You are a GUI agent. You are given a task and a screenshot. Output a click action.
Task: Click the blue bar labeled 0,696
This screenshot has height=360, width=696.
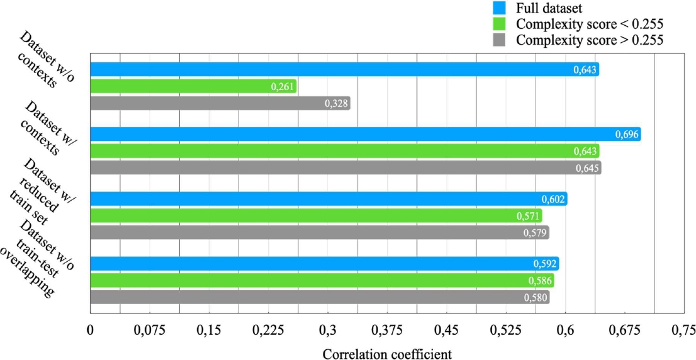[365, 134]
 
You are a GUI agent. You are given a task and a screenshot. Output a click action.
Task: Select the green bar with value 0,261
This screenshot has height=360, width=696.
[193, 86]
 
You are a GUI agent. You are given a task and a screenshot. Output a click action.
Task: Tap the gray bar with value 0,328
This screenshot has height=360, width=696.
[220, 103]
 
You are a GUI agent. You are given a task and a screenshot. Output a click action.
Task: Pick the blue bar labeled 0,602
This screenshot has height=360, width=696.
[328, 199]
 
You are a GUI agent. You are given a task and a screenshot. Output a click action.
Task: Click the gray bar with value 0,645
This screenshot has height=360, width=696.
[345, 168]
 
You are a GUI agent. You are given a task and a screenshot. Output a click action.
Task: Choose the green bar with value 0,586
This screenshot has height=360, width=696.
[322, 280]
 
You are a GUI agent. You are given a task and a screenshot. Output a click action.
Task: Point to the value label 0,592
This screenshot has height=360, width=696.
[545, 264]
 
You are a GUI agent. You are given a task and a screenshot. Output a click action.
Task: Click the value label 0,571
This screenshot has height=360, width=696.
[528, 216]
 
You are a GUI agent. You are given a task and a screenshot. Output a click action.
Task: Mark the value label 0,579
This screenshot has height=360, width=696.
[536, 233]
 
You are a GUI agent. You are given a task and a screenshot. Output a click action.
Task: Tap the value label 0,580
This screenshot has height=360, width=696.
[536, 297]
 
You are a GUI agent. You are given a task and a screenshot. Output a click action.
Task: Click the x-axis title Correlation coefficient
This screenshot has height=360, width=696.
[387, 354]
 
